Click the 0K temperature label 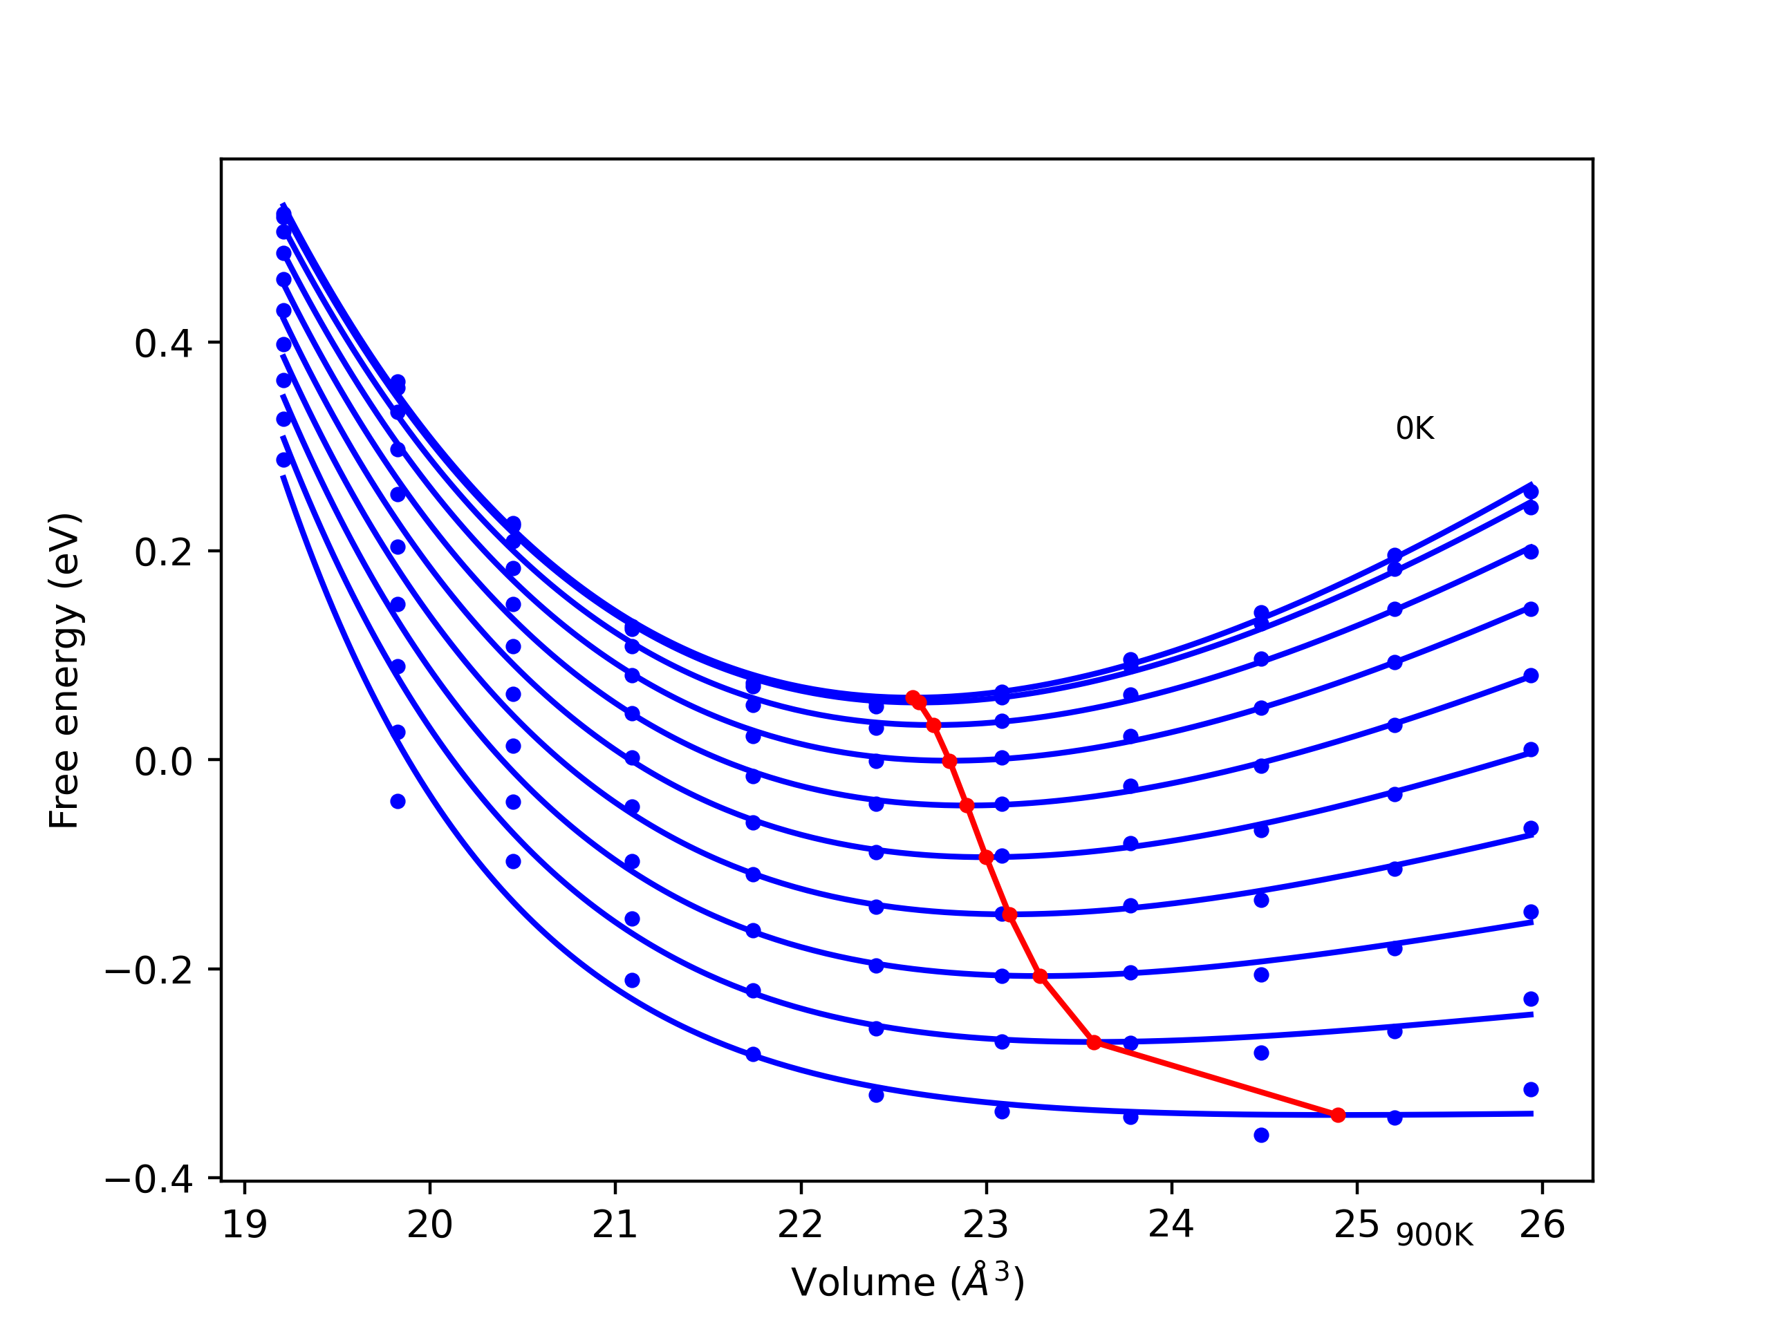[x=1415, y=429]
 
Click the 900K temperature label [x=1435, y=1236]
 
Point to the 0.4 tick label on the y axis [x=163, y=344]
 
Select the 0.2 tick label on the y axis [x=163, y=553]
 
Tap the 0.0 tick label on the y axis [x=163, y=762]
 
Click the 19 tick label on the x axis [x=244, y=1225]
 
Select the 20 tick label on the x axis [x=429, y=1225]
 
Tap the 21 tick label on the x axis [x=615, y=1225]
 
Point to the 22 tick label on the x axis [x=800, y=1225]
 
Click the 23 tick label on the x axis [x=986, y=1225]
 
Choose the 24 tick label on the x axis [x=1171, y=1225]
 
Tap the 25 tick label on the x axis [x=1357, y=1225]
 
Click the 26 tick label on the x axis [x=1542, y=1225]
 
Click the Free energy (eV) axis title [x=64, y=670]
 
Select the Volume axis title [x=907, y=1282]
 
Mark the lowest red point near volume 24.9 [x=1339, y=1115]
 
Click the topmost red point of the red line [x=912, y=697]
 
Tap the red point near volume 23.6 [x=1094, y=1042]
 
